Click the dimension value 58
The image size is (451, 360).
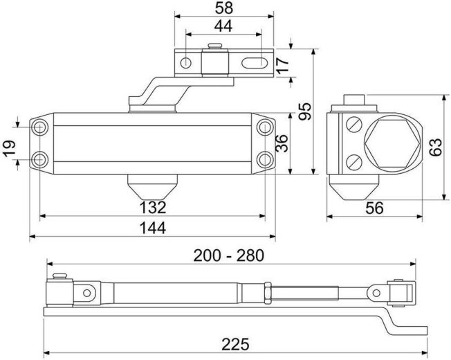pos(223,8)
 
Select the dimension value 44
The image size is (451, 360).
pos(223,26)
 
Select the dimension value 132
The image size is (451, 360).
pos(152,207)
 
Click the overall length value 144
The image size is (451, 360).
pos(152,228)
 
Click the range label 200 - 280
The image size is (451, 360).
pos(229,255)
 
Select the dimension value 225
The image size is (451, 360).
pos(235,344)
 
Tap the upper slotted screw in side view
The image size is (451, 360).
pos(354,125)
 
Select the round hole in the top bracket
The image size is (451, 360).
pos(185,64)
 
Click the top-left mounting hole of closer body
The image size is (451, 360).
pos(40,127)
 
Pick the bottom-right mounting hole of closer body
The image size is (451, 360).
pos(265,159)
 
